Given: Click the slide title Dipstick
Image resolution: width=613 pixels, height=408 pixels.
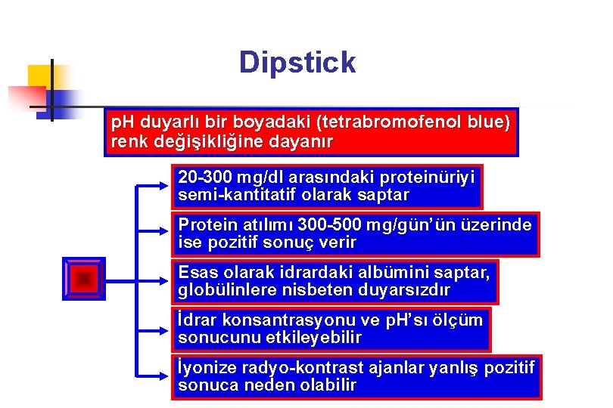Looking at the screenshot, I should click(297, 62).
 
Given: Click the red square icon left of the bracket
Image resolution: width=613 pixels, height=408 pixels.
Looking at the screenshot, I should click(85, 279).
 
